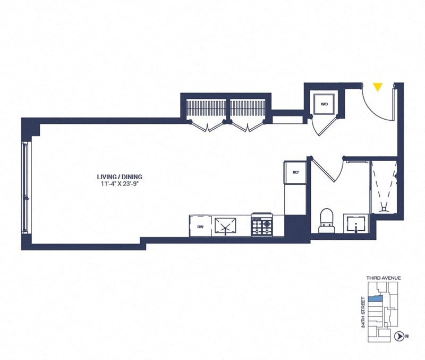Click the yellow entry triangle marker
[x=377, y=87]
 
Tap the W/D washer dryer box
[x=324, y=104]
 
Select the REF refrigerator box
[x=295, y=172]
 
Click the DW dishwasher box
[x=200, y=226]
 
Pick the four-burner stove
[x=261, y=225]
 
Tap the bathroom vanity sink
[x=355, y=224]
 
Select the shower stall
[x=384, y=186]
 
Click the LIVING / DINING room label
[x=120, y=177]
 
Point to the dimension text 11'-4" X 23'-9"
[x=120, y=185]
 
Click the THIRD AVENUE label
[x=383, y=278]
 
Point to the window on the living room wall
[x=24, y=187]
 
